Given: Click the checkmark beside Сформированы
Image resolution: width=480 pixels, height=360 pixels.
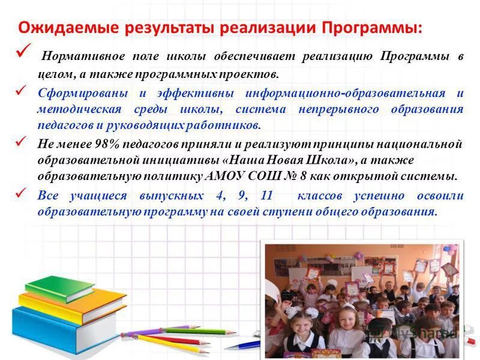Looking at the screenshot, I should (x=23, y=89).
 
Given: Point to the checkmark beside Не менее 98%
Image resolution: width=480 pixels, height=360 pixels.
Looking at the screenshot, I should (x=23, y=140).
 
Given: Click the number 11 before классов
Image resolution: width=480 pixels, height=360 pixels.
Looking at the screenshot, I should (x=267, y=196).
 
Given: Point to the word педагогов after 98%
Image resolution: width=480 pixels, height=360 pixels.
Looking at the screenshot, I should (x=152, y=145).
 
